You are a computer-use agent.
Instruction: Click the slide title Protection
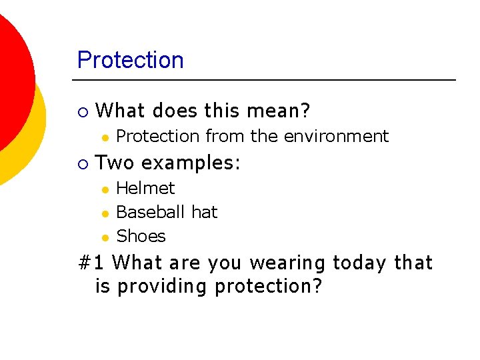click(x=130, y=60)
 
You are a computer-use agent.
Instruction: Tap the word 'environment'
click(x=336, y=136)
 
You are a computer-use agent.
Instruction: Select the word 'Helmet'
click(x=145, y=188)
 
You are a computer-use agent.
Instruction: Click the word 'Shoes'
click(x=141, y=236)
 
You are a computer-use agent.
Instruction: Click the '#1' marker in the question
click(x=91, y=263)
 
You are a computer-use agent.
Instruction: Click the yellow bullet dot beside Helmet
click(x=105, y=189)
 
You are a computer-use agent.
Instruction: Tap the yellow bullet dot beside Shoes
click(x=105, y=237)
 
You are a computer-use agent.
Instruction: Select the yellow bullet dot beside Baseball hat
click(x=105, y=213)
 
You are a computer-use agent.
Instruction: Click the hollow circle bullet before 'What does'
click(x=82, y=111)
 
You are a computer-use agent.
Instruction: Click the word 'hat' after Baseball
click(x=204, y=212)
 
